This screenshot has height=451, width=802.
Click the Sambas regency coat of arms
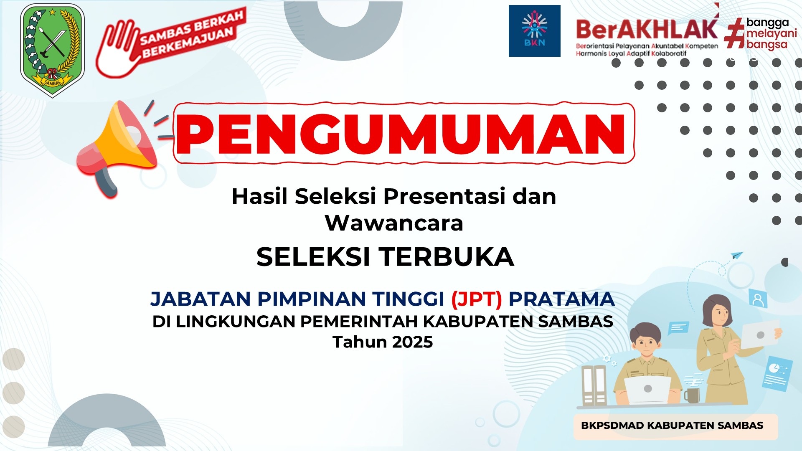(x=52, y=50)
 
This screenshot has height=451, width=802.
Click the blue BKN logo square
(x=534, y=31)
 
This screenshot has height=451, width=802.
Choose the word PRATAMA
(x=561, y=299)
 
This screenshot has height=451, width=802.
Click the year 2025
(x=412, y=342)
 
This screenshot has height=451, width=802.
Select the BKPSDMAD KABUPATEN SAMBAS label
(x=672, y=426)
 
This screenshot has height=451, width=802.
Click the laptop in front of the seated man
(x=647, y=390)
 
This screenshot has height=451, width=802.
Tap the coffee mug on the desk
(x=692, y=395)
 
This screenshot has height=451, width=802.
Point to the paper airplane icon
(x=737, y=255)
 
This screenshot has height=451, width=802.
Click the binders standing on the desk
(x=594, y=386)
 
